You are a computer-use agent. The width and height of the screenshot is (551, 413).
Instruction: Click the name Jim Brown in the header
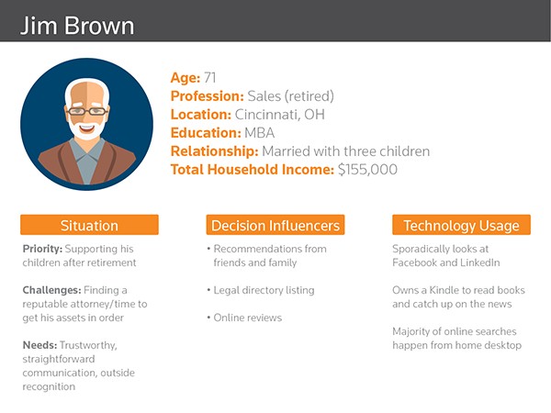coord(77,26)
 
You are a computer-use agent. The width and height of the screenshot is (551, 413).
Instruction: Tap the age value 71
coord(209,78)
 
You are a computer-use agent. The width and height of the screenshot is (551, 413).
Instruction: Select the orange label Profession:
coord(207,96)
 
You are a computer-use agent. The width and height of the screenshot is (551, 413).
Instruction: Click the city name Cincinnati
coord(267,115)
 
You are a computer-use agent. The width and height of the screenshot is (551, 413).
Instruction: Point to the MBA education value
coord(259,133)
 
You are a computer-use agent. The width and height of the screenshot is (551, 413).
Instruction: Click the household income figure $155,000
coord(367,170)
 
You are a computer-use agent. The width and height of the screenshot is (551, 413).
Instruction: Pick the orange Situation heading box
coord(89,225)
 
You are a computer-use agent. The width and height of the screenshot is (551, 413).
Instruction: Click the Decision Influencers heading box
coord(275,225)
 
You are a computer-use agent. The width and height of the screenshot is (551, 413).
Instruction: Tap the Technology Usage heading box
coord(461,225)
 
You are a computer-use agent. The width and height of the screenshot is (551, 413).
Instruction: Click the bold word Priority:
coord(42,249)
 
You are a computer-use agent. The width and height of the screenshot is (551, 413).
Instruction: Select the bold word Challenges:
coord(51,290)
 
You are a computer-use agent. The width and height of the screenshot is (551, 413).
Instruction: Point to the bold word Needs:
coord(39,345)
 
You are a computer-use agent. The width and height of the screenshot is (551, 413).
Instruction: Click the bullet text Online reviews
coord(248,318)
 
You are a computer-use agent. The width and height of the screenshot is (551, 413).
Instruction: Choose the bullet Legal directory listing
coord(264,290)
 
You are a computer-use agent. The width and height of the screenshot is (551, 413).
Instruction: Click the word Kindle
coord(444,290)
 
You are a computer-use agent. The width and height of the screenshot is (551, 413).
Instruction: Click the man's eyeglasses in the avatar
coord(87,111)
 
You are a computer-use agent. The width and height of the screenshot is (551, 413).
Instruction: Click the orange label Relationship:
coord(214,151)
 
